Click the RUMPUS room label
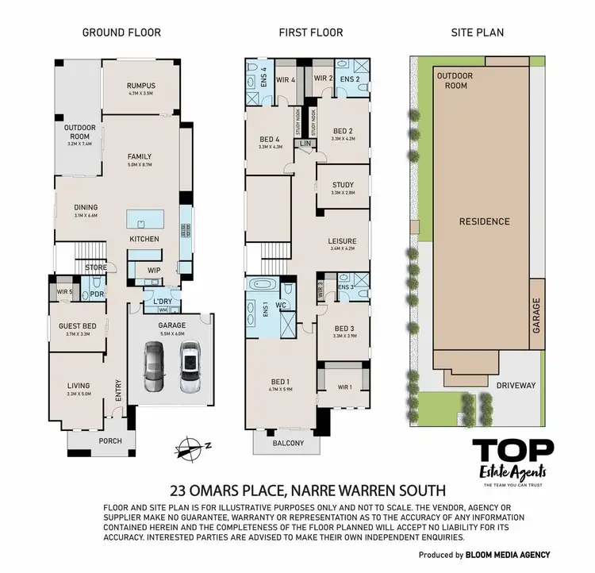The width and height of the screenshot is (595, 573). point(140,86)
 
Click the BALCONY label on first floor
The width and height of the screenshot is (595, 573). point(288,443)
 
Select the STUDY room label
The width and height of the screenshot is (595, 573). point(343,185)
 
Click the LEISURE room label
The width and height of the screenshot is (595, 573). point(343,241)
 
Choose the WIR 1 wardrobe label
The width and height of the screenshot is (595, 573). point(344,386)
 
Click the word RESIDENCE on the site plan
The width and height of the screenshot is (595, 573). point(484,221)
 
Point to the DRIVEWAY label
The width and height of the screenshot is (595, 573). point(516,386)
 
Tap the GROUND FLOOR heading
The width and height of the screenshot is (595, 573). point(122,33)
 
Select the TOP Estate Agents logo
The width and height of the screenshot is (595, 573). point(514,460)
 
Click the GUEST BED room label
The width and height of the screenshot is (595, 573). point(78,326)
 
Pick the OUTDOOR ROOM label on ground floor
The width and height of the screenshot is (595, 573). point(79,131)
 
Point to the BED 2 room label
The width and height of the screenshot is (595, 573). point(343,131)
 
